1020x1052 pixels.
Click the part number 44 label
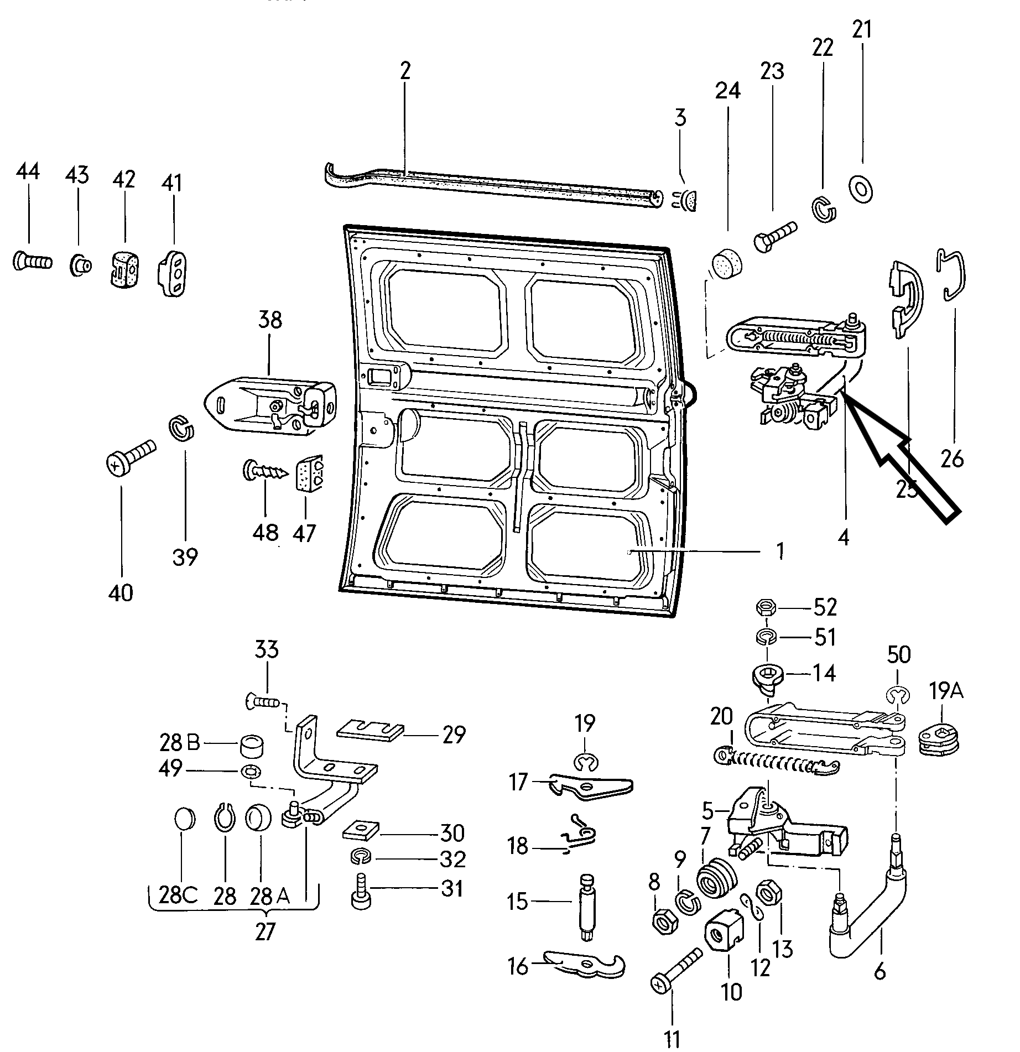click(x=28, y=171)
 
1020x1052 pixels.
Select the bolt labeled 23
click(x=775, y=237)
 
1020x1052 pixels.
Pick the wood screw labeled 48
click(x=266, y=472)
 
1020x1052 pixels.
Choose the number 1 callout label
click(x=780, y=551)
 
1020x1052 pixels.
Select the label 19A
click(x=945, y=691)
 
